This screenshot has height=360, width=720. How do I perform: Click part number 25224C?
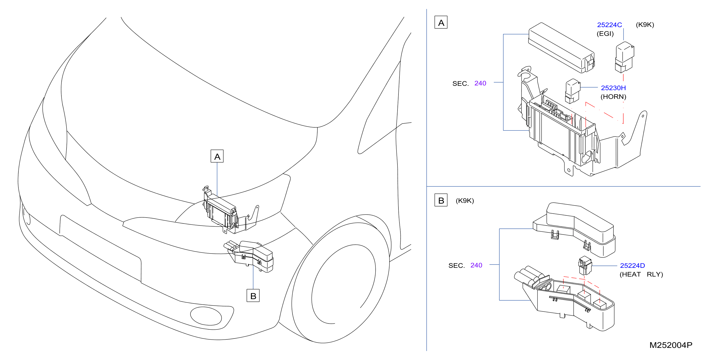click(609, 25)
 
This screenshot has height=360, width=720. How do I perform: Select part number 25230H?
click(613, 88)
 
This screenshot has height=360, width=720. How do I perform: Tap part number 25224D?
click(632, 266)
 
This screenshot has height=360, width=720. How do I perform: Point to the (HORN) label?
click(613, 97)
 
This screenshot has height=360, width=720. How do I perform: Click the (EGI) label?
click(605, 33)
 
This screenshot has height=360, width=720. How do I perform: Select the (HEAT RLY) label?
click(641, 274)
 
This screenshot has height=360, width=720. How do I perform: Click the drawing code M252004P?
click(671, 345)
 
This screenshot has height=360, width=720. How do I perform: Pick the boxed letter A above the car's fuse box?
click(217, 156)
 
